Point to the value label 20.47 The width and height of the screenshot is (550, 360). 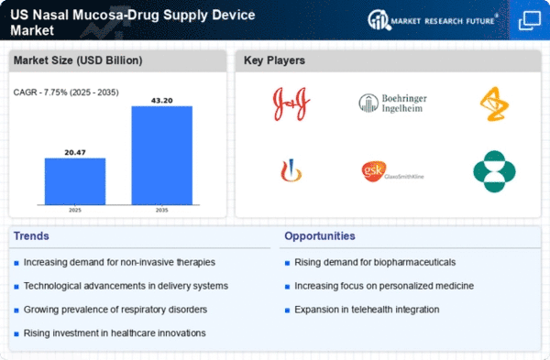click(75, 151)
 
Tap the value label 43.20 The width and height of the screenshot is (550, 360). click(161, 99)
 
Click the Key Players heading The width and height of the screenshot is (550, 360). click(275, 61)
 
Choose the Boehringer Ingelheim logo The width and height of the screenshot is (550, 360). click(392, 102)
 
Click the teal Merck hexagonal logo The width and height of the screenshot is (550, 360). click(494, 171)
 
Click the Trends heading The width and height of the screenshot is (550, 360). click(33, 236)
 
